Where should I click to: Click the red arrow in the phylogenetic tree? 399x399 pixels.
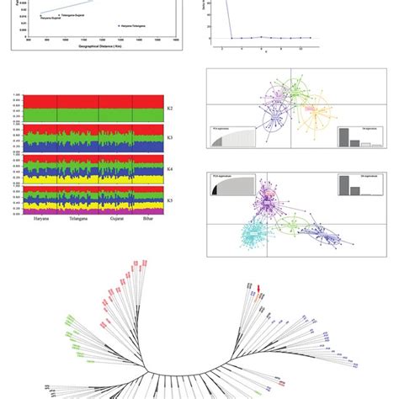259,291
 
